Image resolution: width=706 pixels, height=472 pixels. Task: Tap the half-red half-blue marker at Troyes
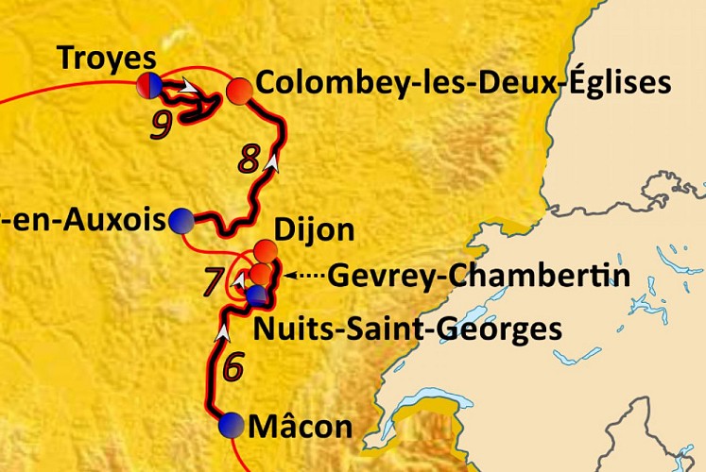click(148, 85)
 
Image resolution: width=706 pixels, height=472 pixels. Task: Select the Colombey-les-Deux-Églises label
click(463, 83)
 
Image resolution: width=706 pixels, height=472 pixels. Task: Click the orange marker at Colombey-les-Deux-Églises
click(240, 91)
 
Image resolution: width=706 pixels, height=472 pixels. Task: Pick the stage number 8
click(249, 160)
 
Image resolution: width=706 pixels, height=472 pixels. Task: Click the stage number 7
click(214, 281)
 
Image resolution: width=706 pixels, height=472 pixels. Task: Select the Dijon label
click(314, 229)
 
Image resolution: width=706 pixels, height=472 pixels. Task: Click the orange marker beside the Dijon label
click(267, 252)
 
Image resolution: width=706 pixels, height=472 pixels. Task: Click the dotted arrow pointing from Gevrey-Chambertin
click(304, 276)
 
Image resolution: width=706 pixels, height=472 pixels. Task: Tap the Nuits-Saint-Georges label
click(407, 330)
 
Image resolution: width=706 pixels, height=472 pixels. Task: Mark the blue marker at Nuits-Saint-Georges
click(256, 296)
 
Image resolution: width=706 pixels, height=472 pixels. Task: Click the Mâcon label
click(300, 428)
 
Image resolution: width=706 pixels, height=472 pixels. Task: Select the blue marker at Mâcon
click(229, 426)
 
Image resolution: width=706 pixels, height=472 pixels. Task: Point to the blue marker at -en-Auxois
click(181, 221)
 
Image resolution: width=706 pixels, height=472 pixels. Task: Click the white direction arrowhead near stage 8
click(274, 161)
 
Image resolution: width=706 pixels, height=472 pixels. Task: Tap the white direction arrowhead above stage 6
click(224, 332)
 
